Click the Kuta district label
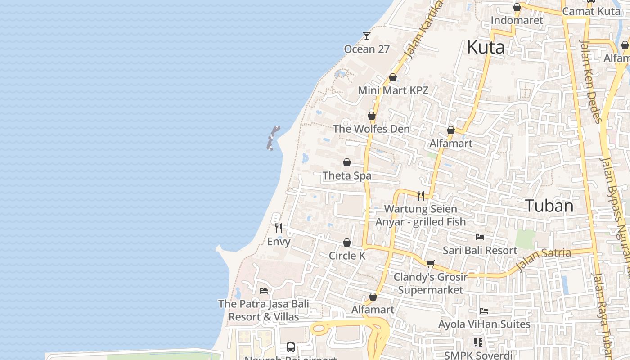click(486, 47)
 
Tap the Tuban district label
click(549, 206)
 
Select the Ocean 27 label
click(366, 49)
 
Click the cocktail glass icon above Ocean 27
click(367, 36)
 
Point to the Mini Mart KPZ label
click(393, 90)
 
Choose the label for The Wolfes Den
click(371, 129)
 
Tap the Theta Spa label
click(347, 175)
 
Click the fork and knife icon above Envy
click(279, 228)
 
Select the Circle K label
click(347, 256)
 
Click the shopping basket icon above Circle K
click(347, 243)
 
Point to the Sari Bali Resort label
click(480, 250)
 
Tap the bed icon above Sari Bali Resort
click(480, 237)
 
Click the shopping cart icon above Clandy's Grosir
click(431, 264)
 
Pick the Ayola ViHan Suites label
click(484, 324)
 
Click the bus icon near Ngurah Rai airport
click(291, 347)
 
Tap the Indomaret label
click(517, 20)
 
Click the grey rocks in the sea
click(273, 138)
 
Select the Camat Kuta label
click(591, 11)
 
